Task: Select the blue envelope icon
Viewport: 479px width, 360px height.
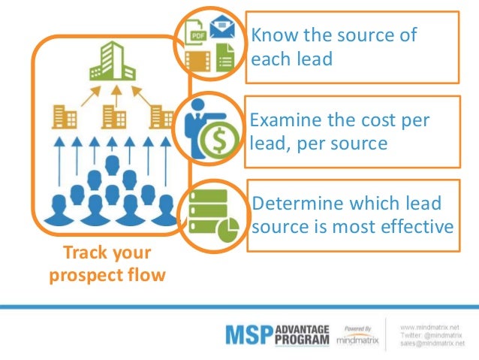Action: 224,29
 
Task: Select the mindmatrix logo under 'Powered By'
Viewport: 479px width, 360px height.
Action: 358,340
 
